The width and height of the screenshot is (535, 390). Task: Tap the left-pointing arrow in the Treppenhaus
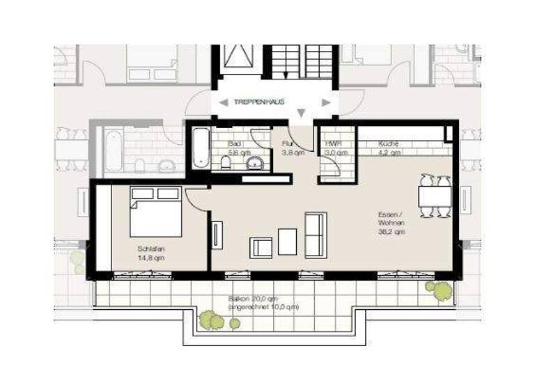(x=222, y=102)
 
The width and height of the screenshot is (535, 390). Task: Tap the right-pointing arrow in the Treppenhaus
(x=325, y=102)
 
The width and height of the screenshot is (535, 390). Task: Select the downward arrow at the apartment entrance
(x=300, y=114)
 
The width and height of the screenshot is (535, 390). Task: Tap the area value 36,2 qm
(x=390, y=232)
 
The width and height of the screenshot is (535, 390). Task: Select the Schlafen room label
(x=151, y=249)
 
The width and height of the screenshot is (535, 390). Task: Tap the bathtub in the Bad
(x=201, y=148)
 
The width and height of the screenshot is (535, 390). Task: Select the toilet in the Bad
(x=226, y=163)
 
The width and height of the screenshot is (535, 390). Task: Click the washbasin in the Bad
(x=256, y=164)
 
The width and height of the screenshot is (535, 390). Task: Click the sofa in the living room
(x=316, y=235)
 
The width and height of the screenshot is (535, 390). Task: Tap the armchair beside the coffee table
(x=261, y=247)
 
